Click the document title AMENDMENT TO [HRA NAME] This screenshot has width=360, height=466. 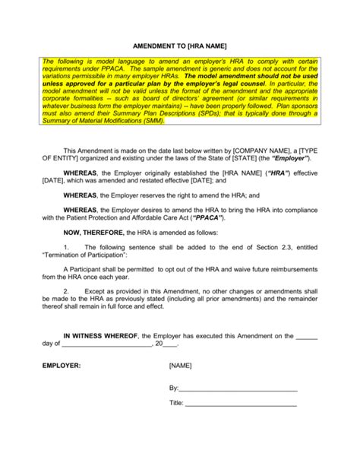tap(179, 45)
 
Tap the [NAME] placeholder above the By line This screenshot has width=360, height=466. tap(181, 366)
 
